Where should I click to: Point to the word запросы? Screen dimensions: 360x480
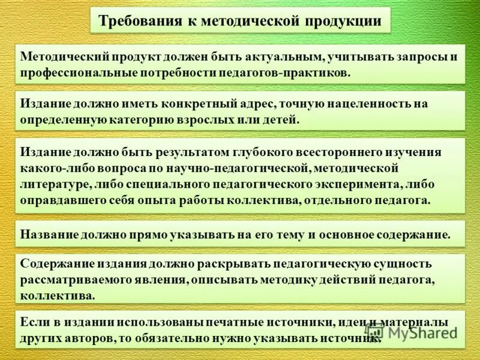pyautogui.click(x=419, y=57)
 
